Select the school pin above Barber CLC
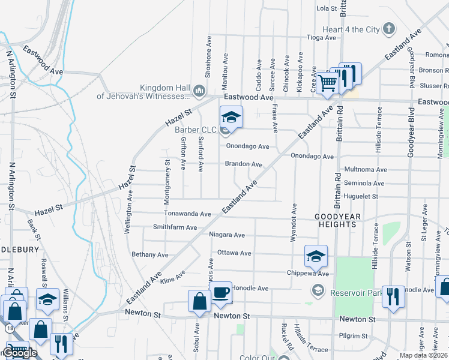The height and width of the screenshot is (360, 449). coord(231,116)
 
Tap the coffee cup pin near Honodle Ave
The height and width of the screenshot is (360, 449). coord(221,292)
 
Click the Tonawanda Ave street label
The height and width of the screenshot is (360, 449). coord(188,214)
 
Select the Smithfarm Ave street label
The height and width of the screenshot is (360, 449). coord(175,227)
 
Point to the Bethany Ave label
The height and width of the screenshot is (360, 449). coord(150,255)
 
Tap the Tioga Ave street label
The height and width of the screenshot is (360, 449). coord(321,37)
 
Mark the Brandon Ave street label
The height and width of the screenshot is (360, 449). coord(244,164)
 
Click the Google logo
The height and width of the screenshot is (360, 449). coord(20,353)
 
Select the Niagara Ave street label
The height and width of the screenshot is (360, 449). coord(227,235)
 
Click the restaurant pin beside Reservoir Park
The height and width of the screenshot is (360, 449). coord(393,295)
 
